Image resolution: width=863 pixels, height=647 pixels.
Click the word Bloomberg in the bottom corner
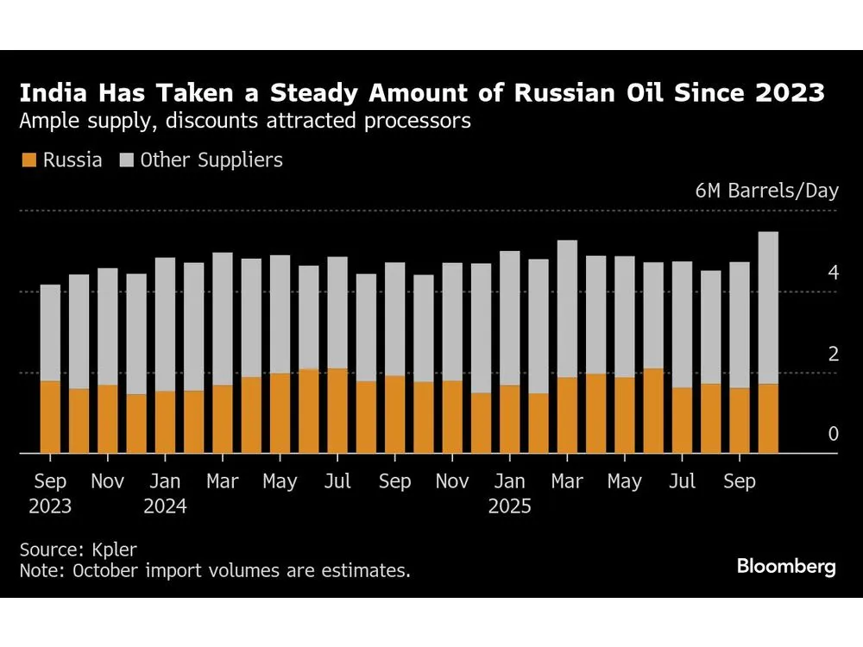point(785,567)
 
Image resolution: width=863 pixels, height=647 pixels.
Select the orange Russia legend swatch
point(29,160)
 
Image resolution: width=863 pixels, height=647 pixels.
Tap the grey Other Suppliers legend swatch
point(126,160)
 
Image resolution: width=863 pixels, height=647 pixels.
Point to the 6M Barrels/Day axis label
point(766,191)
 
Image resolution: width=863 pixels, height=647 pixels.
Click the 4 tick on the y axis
point(833,273)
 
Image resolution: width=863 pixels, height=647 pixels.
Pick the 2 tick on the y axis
point(833,353)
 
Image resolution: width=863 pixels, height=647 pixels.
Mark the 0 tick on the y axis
point(833,434)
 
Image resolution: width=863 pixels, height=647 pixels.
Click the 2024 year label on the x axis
point(165,506)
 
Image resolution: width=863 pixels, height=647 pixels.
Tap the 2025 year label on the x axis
point(510,506)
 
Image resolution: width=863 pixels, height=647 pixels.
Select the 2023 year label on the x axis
point(50,506)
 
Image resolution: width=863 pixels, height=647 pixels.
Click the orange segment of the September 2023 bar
point(50,417)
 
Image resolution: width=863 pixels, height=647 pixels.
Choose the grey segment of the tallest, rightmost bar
point(768,307)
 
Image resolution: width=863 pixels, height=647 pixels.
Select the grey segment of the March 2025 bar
point(567,308)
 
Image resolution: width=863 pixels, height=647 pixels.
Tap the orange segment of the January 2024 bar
point(165,422)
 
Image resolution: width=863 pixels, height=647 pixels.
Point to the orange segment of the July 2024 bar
point(337,411)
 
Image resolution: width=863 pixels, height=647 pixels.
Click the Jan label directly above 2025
point(510,481)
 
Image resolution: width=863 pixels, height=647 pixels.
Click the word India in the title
point(53,92)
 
